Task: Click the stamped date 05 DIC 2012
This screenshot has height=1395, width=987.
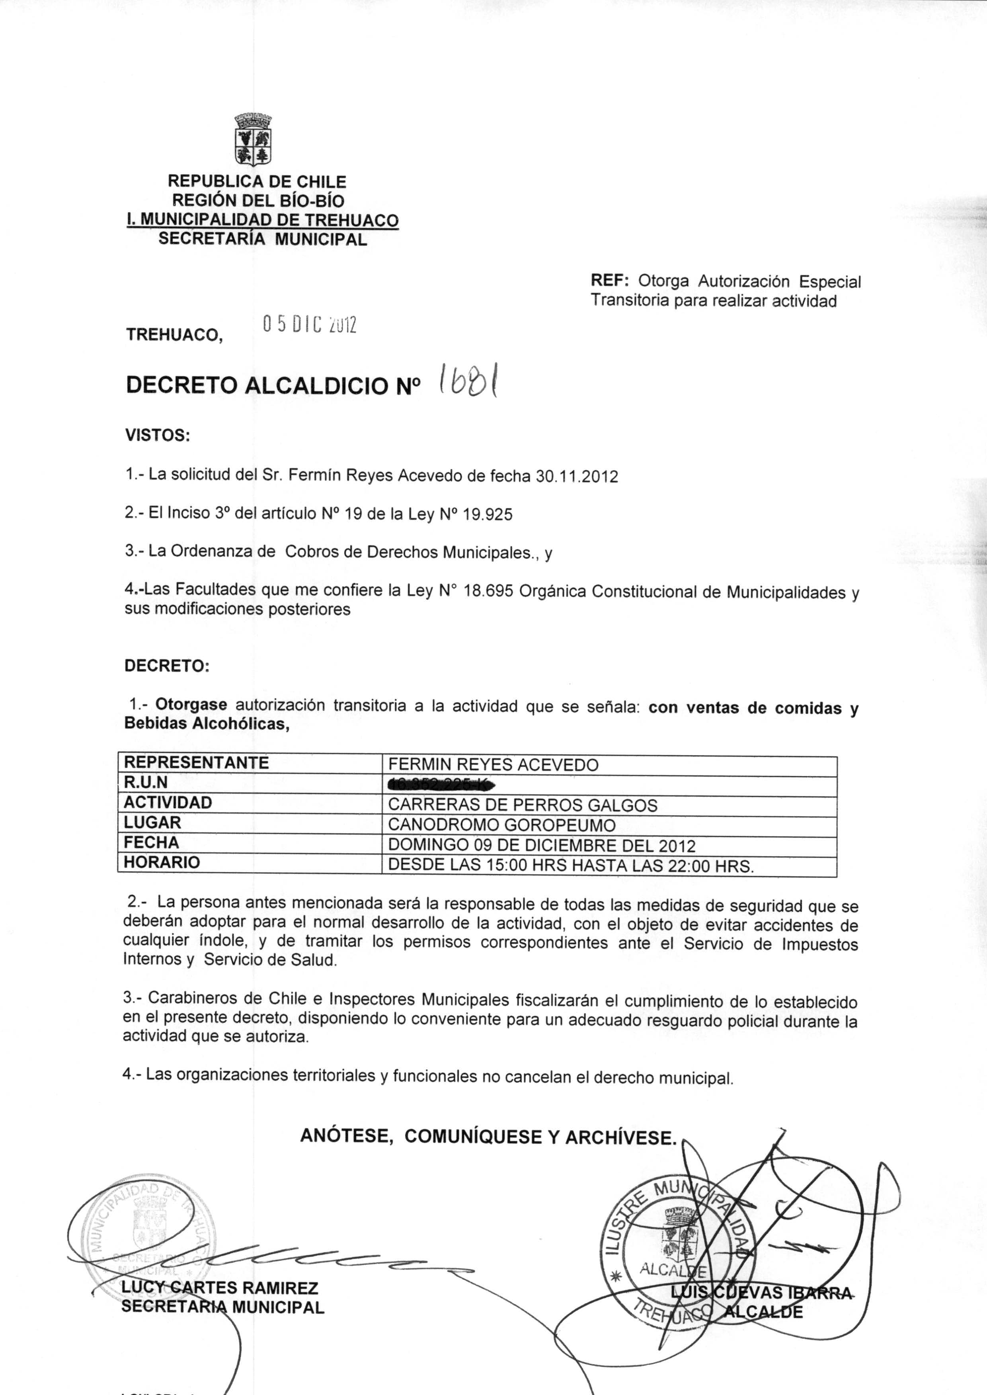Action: pos(309,325)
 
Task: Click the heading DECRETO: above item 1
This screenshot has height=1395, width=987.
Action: pos(166,666)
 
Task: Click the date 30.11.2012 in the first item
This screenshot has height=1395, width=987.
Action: pos(576,477)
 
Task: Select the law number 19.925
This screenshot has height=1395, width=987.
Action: pos(488,515)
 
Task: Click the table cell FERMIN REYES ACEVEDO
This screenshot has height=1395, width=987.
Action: pos(493,765)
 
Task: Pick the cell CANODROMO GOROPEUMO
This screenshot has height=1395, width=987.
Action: pos(501,825)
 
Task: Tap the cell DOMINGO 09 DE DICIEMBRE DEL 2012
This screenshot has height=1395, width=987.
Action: pos(542,846)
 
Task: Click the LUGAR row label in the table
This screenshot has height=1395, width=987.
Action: pos(152,823)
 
